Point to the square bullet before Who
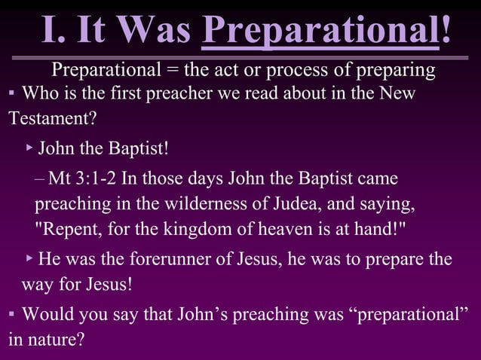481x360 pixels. pos(12,96)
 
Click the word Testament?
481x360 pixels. pos(53,119)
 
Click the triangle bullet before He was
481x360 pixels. pos(29,259)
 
